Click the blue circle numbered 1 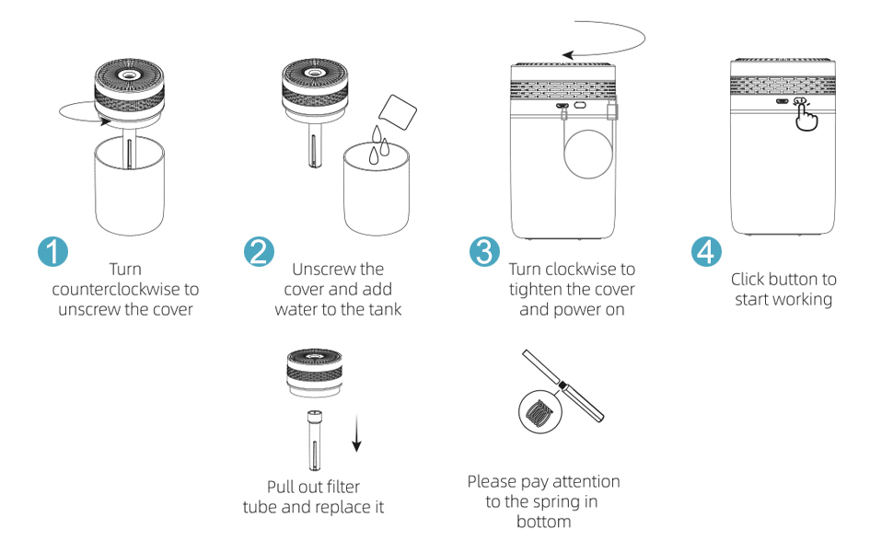(x=53, y=251)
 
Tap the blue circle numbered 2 (x=259, y=251)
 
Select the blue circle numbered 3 (x=484, y=251)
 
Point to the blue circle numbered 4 (x=706, y=251)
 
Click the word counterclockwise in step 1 (x=117, y=289)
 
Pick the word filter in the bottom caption (x=343, y=487)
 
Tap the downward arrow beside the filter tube (x=356, y=433)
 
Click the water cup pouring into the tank (x=398, y=112)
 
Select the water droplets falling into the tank (x=378, y=144)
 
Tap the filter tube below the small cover (x=314, y=440)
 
